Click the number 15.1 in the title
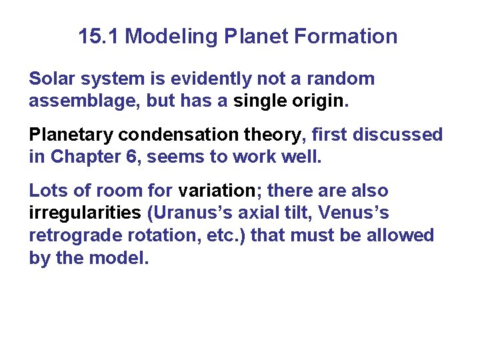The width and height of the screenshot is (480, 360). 99,36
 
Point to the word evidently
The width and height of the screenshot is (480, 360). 199,79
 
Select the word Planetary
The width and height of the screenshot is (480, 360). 71,135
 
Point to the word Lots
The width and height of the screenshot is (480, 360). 48,191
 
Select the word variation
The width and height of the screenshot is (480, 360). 219,191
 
